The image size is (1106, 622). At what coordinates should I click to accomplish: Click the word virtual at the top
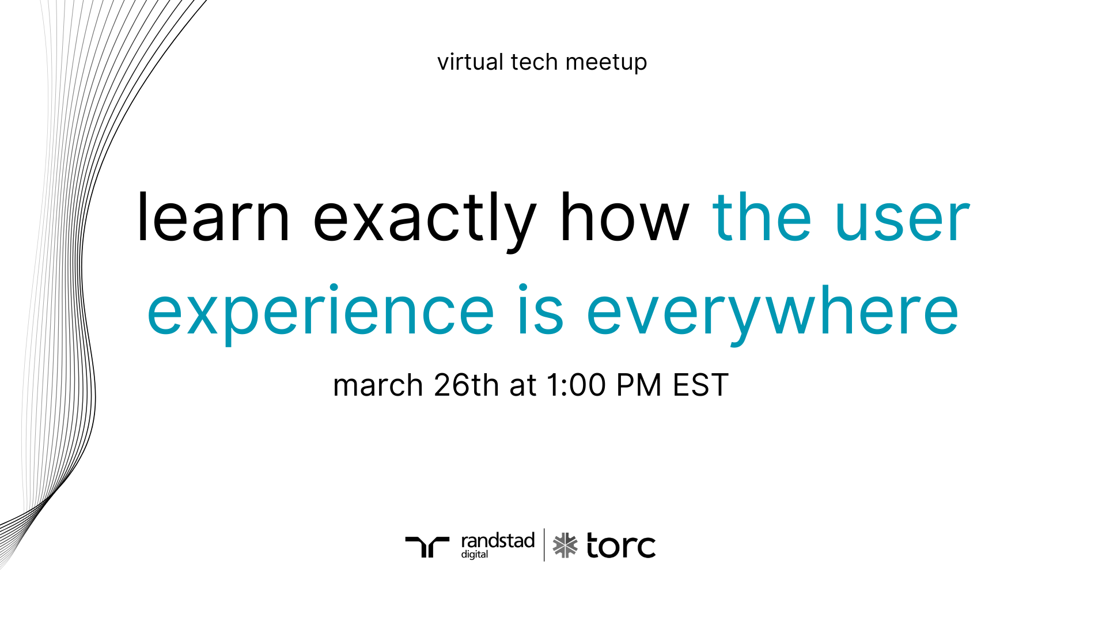point(470,62)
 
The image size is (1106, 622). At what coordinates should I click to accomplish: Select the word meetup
point(606,63)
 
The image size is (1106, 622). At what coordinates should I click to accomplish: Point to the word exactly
point(425,221)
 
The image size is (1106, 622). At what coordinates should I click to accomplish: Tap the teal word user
point(903,221)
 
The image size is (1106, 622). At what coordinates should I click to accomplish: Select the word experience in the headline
point(321,314)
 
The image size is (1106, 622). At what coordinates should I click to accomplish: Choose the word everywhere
point(772,314)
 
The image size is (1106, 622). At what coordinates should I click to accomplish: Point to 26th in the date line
point(467,385)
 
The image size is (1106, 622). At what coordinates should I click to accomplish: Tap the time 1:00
point(576,385)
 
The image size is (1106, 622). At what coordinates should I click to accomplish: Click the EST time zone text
point(701,385)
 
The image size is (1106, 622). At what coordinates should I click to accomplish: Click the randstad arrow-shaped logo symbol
point(427,547)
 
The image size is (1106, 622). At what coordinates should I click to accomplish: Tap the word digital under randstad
point(475,555)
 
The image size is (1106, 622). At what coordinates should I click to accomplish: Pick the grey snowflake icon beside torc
point(565,545)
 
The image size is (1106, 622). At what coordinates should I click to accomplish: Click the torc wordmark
point(621,545)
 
